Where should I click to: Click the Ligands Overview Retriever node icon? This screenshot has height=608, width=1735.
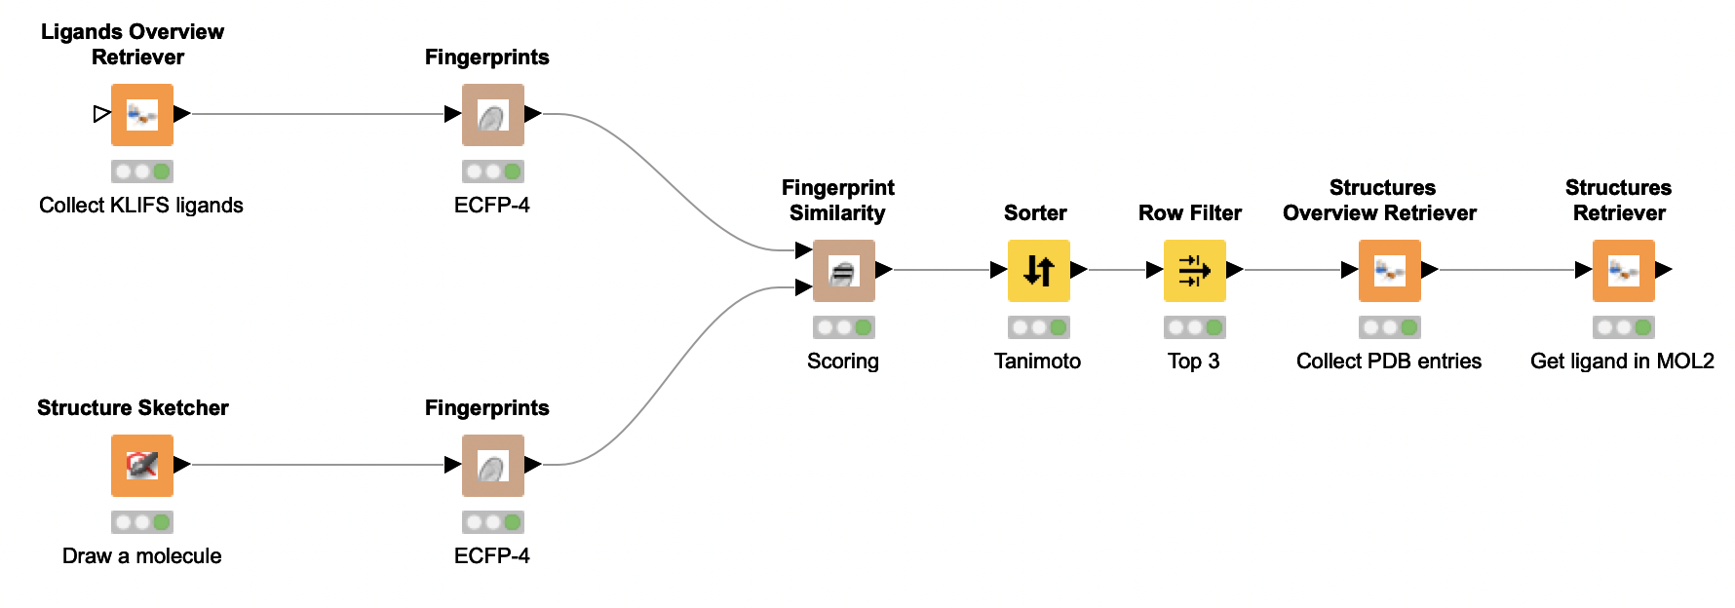[142, 114]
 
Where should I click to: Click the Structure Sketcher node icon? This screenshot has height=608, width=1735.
[142, 465]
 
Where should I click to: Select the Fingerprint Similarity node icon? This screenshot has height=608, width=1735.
[843, 270]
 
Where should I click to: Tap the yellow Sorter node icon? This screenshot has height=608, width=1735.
[1038, 270]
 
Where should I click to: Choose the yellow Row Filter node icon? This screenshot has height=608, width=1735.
[1194, 270]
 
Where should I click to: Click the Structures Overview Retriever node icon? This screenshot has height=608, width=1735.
[1389, 270]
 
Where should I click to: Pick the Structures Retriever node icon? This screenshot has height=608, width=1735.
[1623, 270]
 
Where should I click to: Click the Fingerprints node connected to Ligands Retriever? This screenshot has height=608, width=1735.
[492, 114]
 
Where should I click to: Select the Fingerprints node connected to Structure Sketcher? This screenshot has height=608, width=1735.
[492, 465]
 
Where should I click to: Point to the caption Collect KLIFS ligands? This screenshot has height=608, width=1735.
[141, 206]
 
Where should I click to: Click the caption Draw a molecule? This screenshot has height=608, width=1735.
[141, 556]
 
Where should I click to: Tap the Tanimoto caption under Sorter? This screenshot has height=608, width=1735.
[1037, 361]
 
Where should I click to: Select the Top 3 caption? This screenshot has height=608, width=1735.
[1193, 361]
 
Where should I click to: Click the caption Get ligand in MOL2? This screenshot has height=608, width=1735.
[1622, 361]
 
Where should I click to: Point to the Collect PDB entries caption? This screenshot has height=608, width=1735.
[1388, 361]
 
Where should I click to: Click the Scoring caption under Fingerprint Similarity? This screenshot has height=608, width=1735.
[842, 361]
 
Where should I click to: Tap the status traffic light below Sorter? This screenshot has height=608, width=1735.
[1038, 327]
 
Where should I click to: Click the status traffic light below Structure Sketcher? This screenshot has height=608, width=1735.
[142, 522]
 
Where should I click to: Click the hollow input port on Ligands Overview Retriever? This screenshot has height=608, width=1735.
[101, 114]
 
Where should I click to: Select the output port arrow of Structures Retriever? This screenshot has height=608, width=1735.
[1664, 270]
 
